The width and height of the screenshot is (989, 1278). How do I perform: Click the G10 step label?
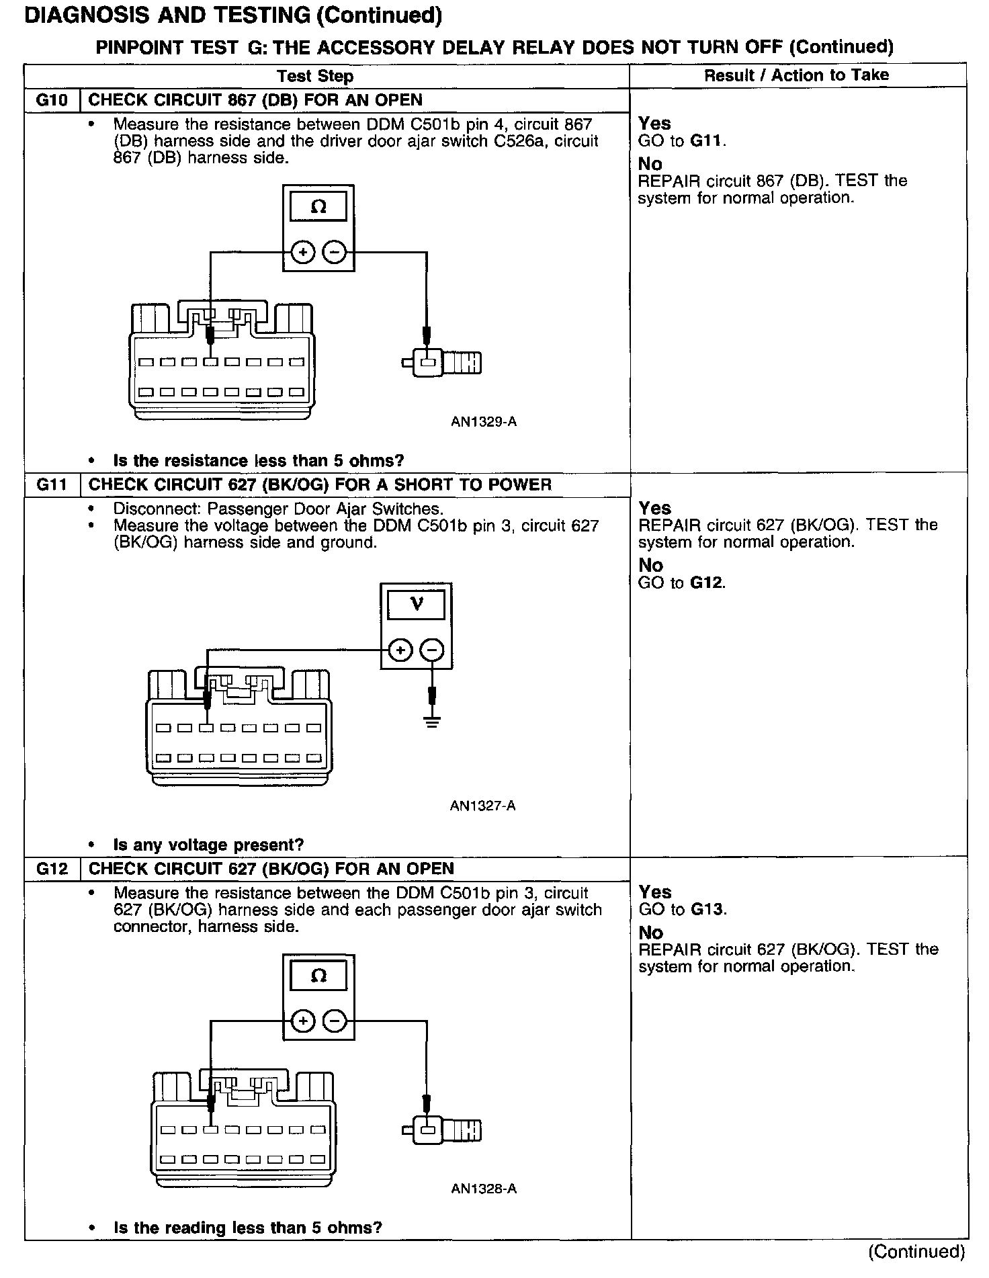click(x=52, y=101)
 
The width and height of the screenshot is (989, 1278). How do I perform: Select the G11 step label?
click(x=52, y=485)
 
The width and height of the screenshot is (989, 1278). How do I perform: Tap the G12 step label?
click(x=52, y=869)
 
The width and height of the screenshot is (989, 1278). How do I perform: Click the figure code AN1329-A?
click(x=483, y=422)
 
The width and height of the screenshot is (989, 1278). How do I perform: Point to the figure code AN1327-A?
click(x=482, y=806)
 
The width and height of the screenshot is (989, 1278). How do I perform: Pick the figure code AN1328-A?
click(x=483, y=1189)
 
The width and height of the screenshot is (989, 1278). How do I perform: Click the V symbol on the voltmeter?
click(x=417, y=605)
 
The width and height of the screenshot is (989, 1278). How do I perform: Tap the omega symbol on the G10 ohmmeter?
click(x=318, y=207)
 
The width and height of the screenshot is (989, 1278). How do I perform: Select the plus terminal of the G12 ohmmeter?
click(x=303, y=1021)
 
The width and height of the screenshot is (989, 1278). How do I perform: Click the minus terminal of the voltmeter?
click(x=432, y=650)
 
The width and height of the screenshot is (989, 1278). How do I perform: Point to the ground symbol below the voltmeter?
click(x=433, y=723)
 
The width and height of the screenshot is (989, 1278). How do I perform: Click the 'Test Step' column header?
click(x=315, y=76)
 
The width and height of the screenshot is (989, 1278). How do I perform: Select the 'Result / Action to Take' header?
click(x=796, y=75)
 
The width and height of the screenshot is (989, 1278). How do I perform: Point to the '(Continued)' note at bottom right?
click(x=916, y=1251)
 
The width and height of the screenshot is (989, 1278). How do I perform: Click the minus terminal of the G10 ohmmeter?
click(x=335, y=253)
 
